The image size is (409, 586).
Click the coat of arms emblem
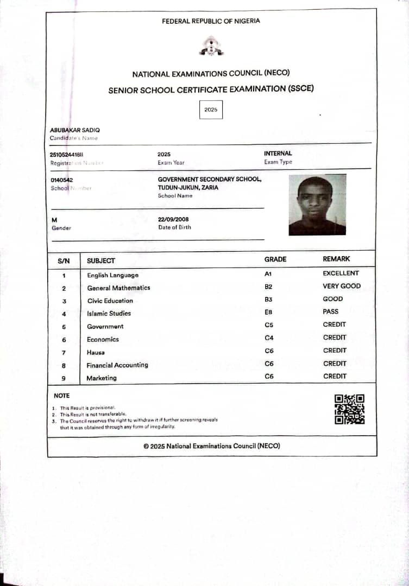pyautogui.click(x=211, y=46)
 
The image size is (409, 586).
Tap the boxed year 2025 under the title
pyautogui.click(x=211, y=110)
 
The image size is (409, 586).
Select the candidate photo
pyautogui.click(x=317, y=205)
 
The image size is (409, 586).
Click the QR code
pyautogui.click(x=349, y=409)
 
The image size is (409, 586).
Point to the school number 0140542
pyautogui.click(x=62, y=180)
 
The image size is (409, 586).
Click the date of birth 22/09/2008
pyautogui.click(x=173, y=219)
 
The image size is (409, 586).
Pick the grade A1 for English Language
pyautogui.click(x=268, y=274)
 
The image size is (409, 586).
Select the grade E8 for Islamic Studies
pyautogui.click(x=269, y=312)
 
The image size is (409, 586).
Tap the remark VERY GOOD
pyautogui.click(x=342, y=286)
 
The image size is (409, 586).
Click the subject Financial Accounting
pyautogui.click(x=117, y=365)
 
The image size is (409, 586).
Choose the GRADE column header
pyautogui.click(x=275, y=259)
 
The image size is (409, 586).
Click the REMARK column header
pyautogui.click(x=336, y=259)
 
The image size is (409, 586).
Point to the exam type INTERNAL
pyautogui.click(x=278, y=154)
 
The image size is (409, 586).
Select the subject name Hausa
pyautogui.click(x=96, y=352)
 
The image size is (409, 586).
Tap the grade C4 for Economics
pyautogui.click(x=269, y=337)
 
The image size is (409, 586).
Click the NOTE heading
pyautogui.click(x=62, y=396)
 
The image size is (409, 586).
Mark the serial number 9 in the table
pyautogui.click(x=64, y=378)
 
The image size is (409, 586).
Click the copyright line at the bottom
pyautogui.click(x=212, y=446)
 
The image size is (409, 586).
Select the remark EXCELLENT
pyautogui.click(x=341, y=273)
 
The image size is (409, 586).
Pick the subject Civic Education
pyautogui.click(x=110, y=301)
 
